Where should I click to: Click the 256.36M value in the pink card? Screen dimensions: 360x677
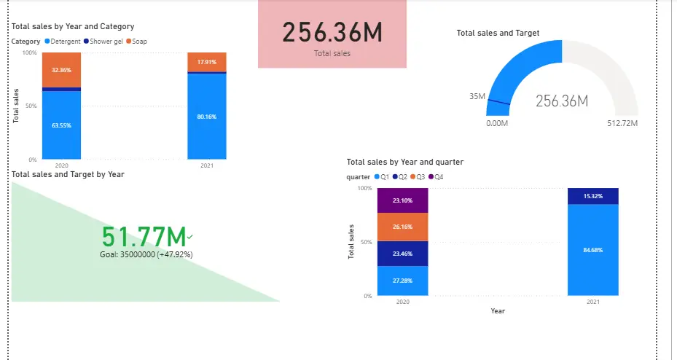click(x=332, y=33)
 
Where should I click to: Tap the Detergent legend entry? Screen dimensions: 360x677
click(x=66, y=42)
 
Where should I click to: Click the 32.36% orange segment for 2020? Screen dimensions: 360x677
click(x=61, y=70)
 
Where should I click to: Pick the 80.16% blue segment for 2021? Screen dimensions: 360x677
click(x=206, y=117)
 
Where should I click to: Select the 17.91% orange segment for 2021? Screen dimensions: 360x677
click(x=206, y=62)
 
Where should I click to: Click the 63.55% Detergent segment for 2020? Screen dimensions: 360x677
click(x=61, y=125)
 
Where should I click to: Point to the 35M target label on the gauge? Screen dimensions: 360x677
click(x=477, y=96)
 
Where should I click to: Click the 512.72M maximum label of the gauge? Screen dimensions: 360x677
click(x=622, y=123)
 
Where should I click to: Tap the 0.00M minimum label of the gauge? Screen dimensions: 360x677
click(x=498, y=123)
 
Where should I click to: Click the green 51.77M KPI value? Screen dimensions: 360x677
click(x=144, y=238)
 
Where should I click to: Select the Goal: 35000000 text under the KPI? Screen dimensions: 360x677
click(x=146, y=254)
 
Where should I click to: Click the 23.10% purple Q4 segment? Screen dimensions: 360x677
click(x=402, y=200)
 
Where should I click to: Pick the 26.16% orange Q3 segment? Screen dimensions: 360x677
click(x=402, y=227)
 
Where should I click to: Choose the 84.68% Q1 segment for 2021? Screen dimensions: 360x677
click(x=592, y=250)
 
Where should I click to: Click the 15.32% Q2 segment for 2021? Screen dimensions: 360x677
click(x=592, y=196)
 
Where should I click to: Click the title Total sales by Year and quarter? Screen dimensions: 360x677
click(x=405, y=162)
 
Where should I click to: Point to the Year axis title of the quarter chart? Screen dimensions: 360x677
click(x=498, y=311)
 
